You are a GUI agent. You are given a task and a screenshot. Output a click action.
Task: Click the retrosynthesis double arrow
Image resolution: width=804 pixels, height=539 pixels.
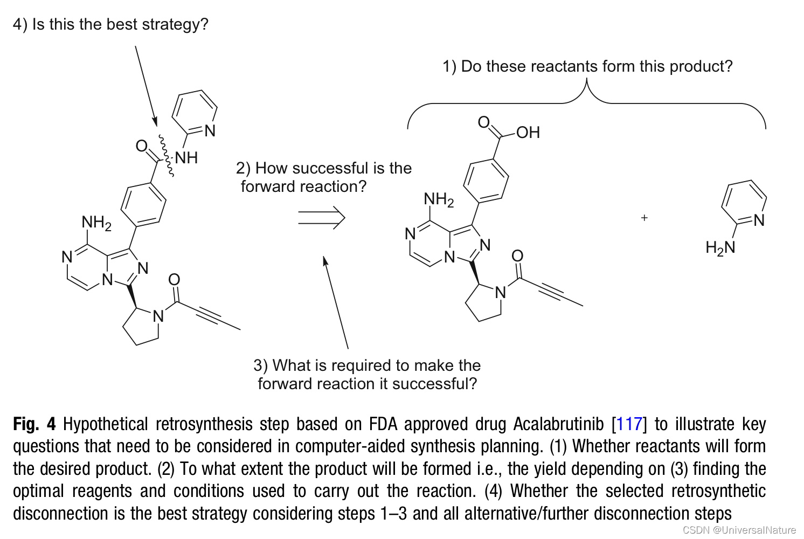321,218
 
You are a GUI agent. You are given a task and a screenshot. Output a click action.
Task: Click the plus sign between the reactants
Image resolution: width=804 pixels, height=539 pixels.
644,218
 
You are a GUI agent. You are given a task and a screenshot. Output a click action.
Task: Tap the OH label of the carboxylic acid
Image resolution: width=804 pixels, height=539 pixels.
528,133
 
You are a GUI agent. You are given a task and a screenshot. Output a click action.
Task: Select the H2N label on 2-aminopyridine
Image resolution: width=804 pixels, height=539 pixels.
720,247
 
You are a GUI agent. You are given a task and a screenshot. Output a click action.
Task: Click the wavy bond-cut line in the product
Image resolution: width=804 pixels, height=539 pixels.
166,156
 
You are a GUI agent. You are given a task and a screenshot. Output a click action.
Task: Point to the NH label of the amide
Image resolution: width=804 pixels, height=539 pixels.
186,157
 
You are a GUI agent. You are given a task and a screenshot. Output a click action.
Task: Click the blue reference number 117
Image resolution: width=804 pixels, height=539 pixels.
629,424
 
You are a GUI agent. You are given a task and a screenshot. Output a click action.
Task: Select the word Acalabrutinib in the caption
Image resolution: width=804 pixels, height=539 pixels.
558,424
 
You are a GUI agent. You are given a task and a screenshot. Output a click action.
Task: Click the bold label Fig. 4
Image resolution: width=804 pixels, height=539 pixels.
34,424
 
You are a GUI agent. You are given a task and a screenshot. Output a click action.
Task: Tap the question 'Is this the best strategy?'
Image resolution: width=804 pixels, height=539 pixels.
120,24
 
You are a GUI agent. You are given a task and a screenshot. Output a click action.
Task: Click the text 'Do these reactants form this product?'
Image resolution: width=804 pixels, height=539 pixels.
597,66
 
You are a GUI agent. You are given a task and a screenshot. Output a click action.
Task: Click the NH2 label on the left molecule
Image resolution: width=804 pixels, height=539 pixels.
96,223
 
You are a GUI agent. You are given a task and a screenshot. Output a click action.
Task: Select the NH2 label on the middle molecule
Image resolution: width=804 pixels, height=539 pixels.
439,200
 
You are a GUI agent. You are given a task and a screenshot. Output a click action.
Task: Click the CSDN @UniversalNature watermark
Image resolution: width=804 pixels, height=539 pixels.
739,530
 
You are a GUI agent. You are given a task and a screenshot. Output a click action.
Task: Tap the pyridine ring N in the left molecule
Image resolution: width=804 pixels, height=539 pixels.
210,131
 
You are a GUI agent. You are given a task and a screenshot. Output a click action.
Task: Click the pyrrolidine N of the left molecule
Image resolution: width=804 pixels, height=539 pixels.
158,316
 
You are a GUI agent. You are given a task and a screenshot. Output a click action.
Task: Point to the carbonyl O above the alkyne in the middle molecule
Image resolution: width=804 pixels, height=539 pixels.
517,255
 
